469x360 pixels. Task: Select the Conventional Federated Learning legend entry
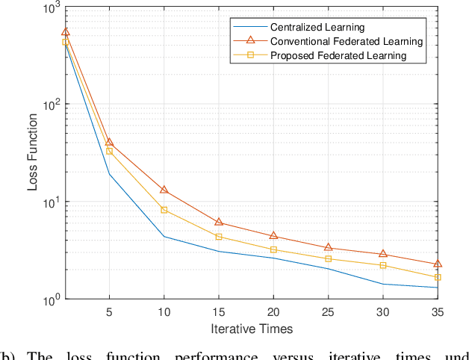[x=346, y=41]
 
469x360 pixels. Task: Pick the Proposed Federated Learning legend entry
[x=338, y=55]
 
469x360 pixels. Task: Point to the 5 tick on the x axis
[x=109, y=311]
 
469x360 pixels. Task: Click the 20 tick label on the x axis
[x=273, y=311]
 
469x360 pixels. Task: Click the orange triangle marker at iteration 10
[x=164, y=190]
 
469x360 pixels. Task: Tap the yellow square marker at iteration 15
[x=219, y=237]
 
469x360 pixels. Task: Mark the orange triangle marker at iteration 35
[x=438, y=264]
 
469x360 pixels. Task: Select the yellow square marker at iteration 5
[x=109, y=151]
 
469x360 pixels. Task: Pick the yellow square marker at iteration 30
[x=383, y=265]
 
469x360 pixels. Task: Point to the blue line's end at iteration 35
[x=438, y=288]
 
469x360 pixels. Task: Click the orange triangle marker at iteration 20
[x=273, y=235]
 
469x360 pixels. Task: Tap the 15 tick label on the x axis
[x=219, y=311]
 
